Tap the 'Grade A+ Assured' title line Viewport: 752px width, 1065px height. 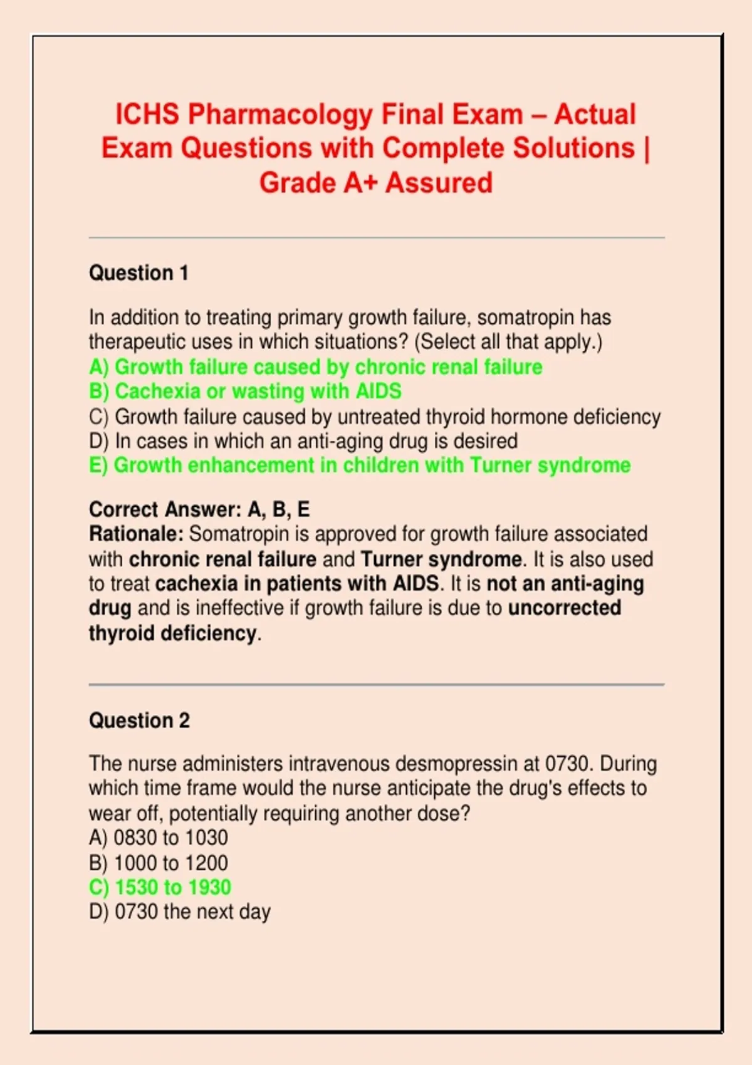pyautogui.click(x=376, y=183)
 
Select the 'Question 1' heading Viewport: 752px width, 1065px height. pyautogui.click(x=138, y=273)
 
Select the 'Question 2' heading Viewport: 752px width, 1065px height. pyautogui.click(x=139, y=720)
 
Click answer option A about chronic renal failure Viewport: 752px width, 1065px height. pyautogui.click(x=316, y=366)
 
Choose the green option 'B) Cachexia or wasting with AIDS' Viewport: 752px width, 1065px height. pyautogui.click(x=245, y=391)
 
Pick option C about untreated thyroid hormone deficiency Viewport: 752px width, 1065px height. pyautogui.click(x=375, y=417)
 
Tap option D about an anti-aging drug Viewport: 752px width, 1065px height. pyautogui.click(x=303, y=441)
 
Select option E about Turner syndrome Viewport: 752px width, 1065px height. pyautogui.click(x=360, y=465)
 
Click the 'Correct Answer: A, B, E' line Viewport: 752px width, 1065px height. pyautogui.click(x=199, y=509)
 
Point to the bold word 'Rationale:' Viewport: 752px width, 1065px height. pyautogui.click(x=136, y=534)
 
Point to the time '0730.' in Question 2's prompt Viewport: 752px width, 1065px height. pyautogui.click(x=569, y=764)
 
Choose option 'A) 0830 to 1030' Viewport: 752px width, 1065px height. pyautogui.click(x=159, y=838)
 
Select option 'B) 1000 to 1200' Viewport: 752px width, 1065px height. pyautogui.click(x=159, y=863)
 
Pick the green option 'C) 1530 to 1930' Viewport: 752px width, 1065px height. pyautogui.click(x=160, y=887)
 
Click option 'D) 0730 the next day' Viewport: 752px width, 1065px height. pyautogui.click(x=180, y=912)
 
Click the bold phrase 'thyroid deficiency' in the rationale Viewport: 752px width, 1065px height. pyautogui.click(x=172, y=633)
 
